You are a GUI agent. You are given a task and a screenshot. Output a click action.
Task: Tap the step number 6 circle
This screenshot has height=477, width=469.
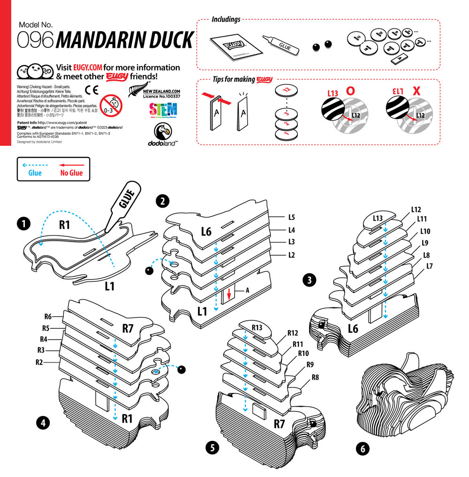coord(362,448)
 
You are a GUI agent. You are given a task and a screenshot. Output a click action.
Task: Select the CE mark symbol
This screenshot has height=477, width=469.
coord(91,90)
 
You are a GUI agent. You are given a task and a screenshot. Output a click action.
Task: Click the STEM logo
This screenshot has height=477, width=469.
coord(163,110)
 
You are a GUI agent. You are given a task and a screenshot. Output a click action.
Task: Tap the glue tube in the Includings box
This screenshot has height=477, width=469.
coord(280,45)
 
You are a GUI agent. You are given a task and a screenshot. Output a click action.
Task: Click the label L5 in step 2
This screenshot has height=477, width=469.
coord(291,218)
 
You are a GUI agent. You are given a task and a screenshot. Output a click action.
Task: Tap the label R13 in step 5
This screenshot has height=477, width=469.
coord(257,327)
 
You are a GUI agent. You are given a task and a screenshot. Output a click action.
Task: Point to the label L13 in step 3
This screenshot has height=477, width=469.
coord(378,218)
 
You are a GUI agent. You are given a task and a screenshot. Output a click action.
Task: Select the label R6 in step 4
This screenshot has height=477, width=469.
coord(48,317)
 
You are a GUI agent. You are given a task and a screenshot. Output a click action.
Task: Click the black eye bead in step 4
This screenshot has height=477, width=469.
coord(182,370)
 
